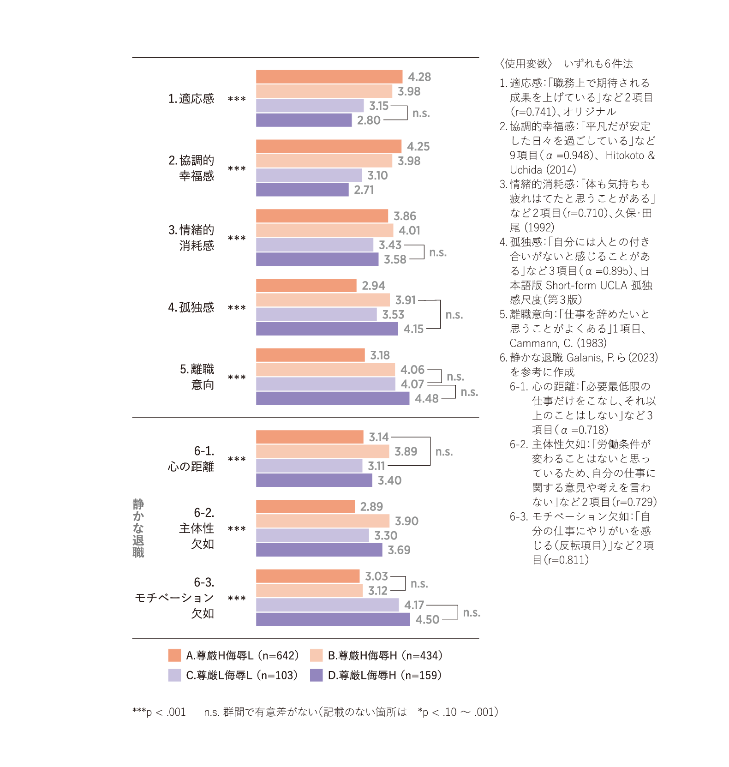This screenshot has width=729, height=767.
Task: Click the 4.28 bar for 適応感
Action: click(x=329, y=77)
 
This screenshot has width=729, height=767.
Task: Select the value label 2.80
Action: click(x=369, y=120)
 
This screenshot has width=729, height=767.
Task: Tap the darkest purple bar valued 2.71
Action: click(x=302, y=190)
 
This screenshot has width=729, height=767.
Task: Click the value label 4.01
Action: click(x=409, y=230)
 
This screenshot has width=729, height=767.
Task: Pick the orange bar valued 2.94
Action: click(x=306, y=285)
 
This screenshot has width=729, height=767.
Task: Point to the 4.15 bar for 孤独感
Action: click(x=327, y=329)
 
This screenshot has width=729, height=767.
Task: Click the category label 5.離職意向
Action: click(x=197, y=377)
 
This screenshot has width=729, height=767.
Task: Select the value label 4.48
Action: click(x=426, y=399)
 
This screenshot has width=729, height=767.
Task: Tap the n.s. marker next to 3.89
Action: click(x=444, y=452)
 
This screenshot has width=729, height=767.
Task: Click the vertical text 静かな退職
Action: click(x=138, y=528)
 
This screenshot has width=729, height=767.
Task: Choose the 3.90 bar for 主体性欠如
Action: click(x=323, y=521)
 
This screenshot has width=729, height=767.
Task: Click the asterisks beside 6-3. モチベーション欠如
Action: click(x=237, y=599)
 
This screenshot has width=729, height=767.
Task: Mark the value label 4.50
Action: click(x=427, y=620)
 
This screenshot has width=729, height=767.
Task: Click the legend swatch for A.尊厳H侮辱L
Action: click(x=174, y=655)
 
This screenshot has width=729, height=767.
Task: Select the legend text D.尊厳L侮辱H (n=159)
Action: click(x=384, y=676)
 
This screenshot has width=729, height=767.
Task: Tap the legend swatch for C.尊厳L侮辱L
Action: click(x=174, y=675)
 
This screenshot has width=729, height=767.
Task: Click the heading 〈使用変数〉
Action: click(x=526, y=64)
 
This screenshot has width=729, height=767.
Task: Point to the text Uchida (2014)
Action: click(x=543, y=169)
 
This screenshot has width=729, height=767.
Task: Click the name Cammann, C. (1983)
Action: click(x=558, y=343)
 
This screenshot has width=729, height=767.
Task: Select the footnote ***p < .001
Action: click(x=159, y=712)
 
